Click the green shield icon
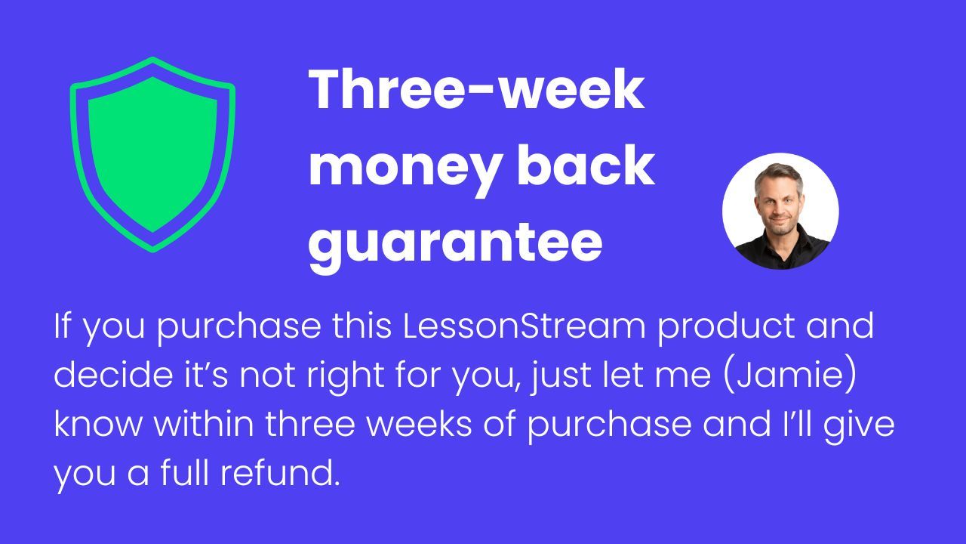tap(152, 155)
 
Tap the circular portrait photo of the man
tap(780, 211)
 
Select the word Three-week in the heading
tap(476, 89)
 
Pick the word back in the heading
tap(586, 165)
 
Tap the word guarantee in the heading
tap(455, 245)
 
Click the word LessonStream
tap(524, 326)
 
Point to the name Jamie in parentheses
tap(790, 374)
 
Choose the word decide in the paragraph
tap(113, 374)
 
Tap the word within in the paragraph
tap(204, 424)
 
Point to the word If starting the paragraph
tap(62, 326)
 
